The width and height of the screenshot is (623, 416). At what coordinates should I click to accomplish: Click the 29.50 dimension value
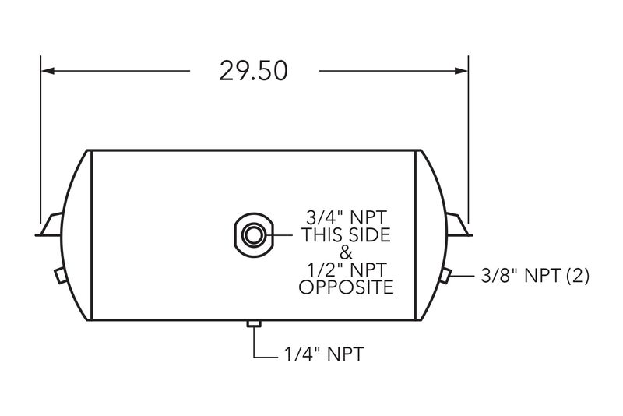(x=253, y=71)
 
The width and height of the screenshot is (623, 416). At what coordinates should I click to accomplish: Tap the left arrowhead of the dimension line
(x=48, y=71)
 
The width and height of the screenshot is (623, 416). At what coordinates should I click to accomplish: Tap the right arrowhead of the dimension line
(x=461, y=71)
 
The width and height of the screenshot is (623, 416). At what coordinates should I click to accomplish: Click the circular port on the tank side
(x=254, y=234)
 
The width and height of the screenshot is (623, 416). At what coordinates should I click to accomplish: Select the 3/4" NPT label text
(x=346, y=218)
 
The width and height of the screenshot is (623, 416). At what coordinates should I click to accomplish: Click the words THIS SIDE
(x=346, y=234)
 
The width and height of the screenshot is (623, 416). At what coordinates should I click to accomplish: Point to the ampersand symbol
(x=346, y=252)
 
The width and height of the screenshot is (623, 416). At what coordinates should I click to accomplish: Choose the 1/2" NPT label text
(x=346, y=270)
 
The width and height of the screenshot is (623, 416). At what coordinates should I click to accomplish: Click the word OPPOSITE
(x=346, y=287)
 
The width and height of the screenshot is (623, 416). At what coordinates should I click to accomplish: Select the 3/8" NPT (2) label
(x=535, y=276)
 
